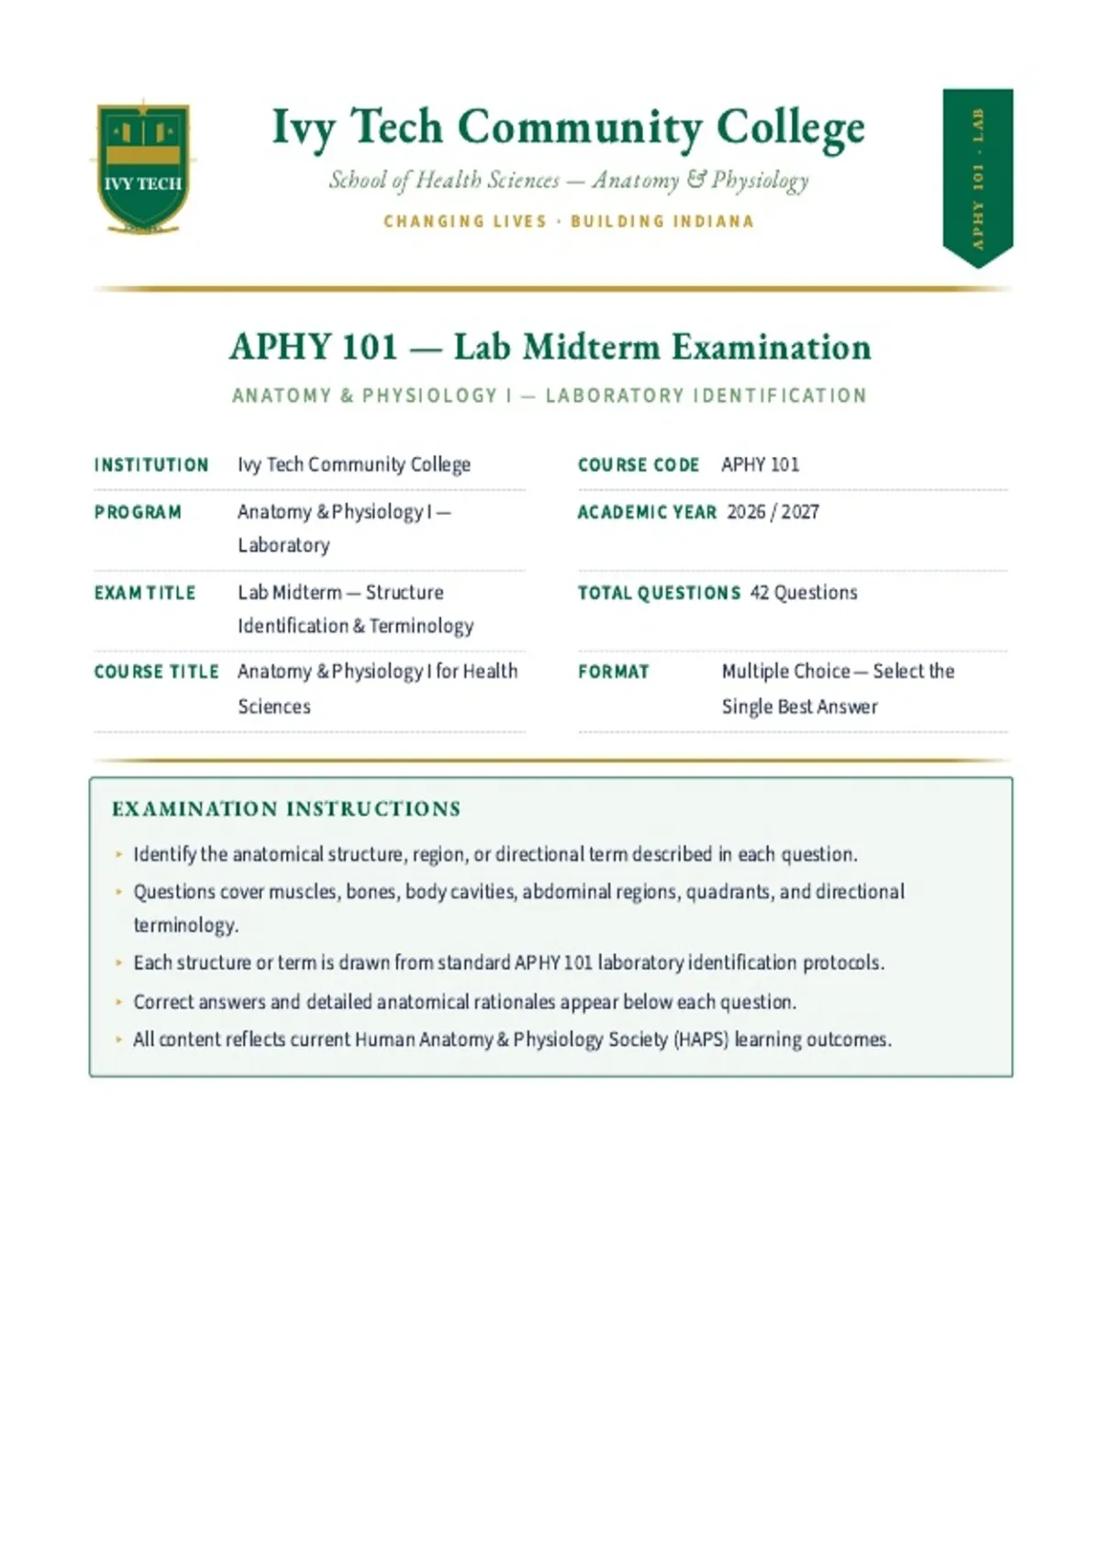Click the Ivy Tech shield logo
pyautogui.click(x=143, y=167)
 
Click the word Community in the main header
pyautogui.click(x=579, y=128)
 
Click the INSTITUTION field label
pyautogui.click(x=151, y=464)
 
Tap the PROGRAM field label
pyautogui.click(x=138, y=512)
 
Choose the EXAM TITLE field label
pyautogui.click(x=145, y=593)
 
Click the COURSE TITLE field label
pyautogui.click(x=157, y=672)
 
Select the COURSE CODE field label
pyautogui.click(x=638, y=464)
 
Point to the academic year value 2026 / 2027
pyautogui.click(x=773, y=512)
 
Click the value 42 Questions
pyautogui.click(x=804, y=593)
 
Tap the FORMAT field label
pyautogui.click(x=613, y=672)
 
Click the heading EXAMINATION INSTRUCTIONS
pyautogui.click(x=286, y=808)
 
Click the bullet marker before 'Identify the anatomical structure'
pyautogui.click(x=119, y=853)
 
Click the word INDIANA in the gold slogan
pyautogui.click(x=714, y=221)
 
